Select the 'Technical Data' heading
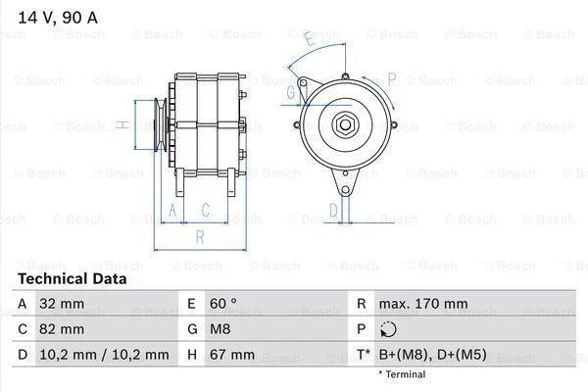(x=72, y=278)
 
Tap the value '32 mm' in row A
(x=58, y=304)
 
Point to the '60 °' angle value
(x=224, y=304)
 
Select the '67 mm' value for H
(x=230, y=354)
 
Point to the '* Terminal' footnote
(x=402, y=374)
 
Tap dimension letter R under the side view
(x=199, y=236)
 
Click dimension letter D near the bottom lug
(x=333, y=209)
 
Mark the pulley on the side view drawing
(x=153, y=124)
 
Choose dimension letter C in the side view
(x=206, y=209)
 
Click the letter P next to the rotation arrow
(x=391, y=78)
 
